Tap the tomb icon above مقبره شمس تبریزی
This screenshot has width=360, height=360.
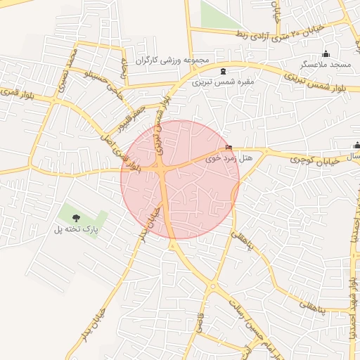click(x=224, y=71)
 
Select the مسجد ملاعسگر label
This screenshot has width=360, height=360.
click(x=326, y=64)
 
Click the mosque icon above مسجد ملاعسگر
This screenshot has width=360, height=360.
click(x=326, y=54)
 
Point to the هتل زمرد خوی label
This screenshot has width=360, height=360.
click(x=229, y=158)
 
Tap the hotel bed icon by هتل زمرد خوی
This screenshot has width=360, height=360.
click(x=228, y=147)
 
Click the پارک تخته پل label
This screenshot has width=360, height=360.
click(x=77, y=229)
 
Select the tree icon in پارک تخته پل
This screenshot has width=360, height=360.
click(x=77, y=218)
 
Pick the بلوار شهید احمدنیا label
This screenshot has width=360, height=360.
click(x=352, y=309)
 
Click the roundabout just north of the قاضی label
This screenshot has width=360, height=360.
click(x=212, y=286)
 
